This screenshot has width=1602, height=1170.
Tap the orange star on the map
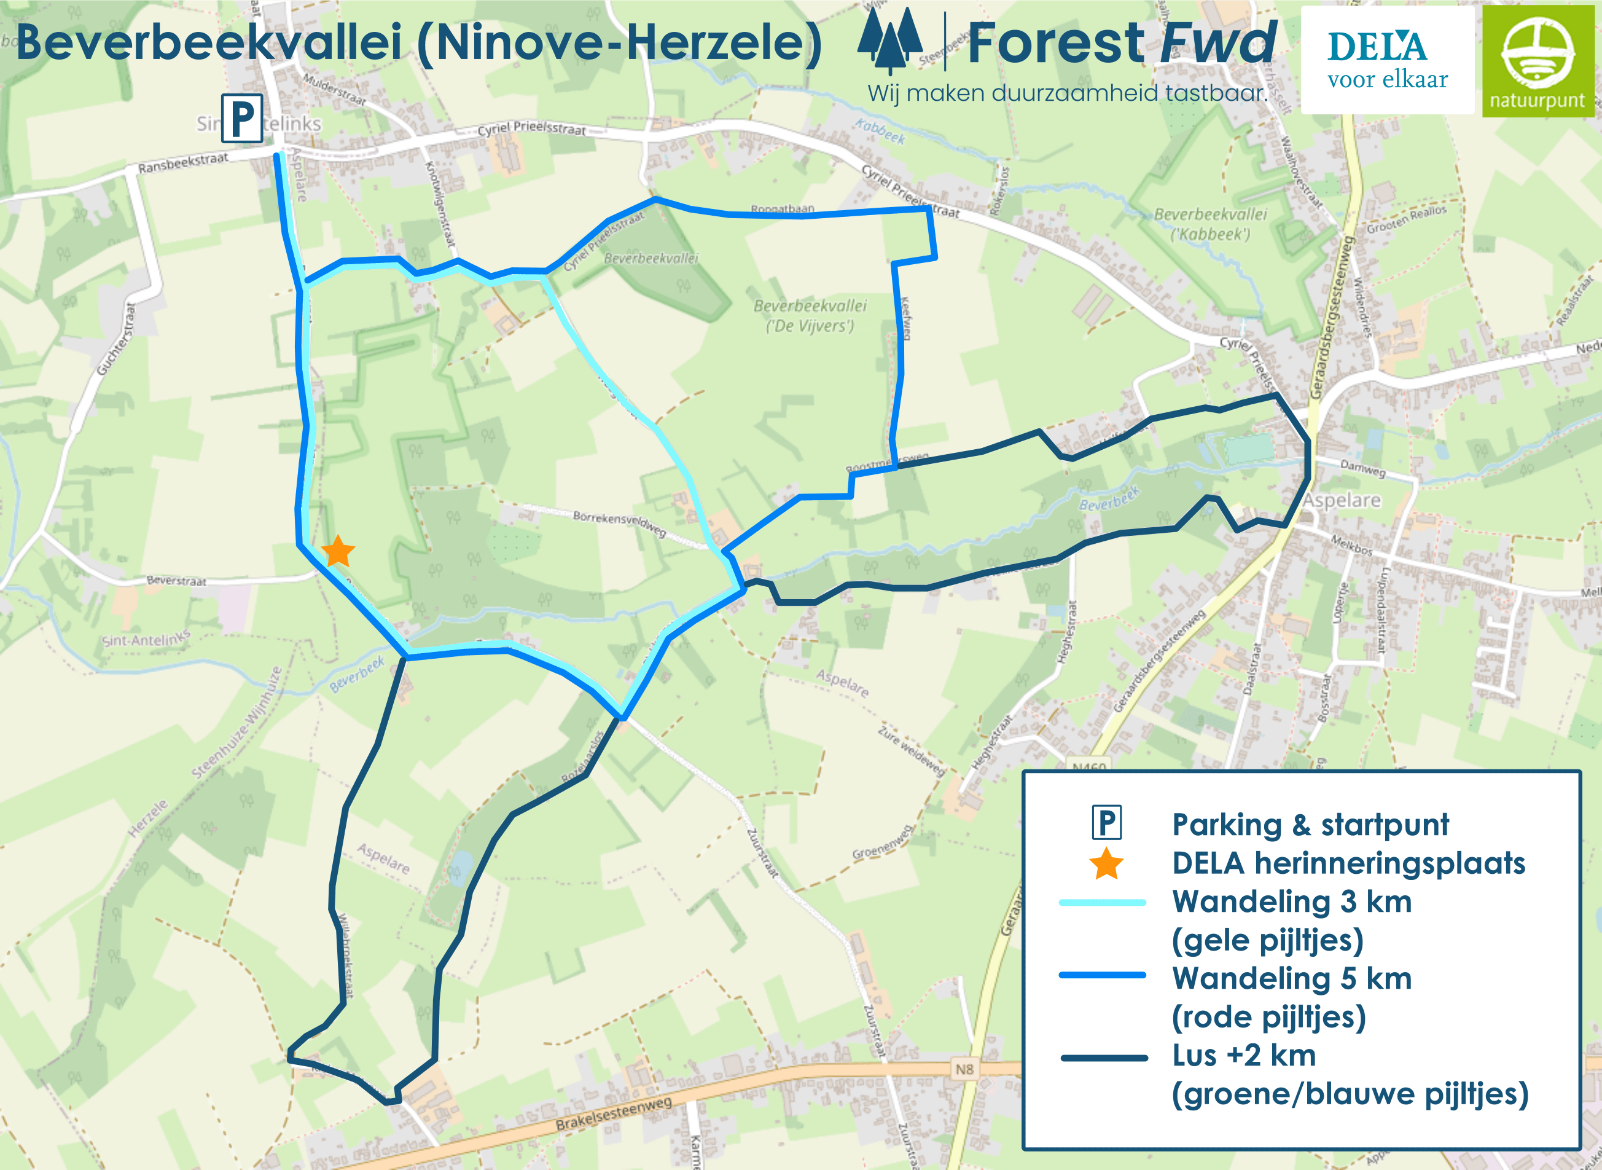pos(338,551)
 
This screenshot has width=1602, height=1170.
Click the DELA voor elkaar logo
pos(1387,60)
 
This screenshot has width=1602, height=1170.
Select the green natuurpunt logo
pos(1538,61)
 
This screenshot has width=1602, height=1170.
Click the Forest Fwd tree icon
pos(890,41)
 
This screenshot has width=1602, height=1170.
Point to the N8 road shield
pos(964,1069)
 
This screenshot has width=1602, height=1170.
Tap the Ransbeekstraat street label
pos(182,163)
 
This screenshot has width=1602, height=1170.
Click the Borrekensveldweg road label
pos(619,524)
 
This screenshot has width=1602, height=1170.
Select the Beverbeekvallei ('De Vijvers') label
pos(810,316)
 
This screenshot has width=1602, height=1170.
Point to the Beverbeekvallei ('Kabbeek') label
pos(1211,224)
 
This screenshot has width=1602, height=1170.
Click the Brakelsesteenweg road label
pos(613,1113)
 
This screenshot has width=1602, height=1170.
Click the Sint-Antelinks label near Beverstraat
pos(146,640)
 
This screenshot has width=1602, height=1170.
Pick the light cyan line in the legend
pos(1102,902)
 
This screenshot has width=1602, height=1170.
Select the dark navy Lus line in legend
pos(1104,1058)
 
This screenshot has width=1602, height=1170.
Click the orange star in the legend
pos(1106,864)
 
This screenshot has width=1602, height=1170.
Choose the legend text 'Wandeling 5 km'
pos(1292,978)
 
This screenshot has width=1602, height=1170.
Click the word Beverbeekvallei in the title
pos(209,42)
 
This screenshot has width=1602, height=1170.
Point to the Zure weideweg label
pos(911,751)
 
